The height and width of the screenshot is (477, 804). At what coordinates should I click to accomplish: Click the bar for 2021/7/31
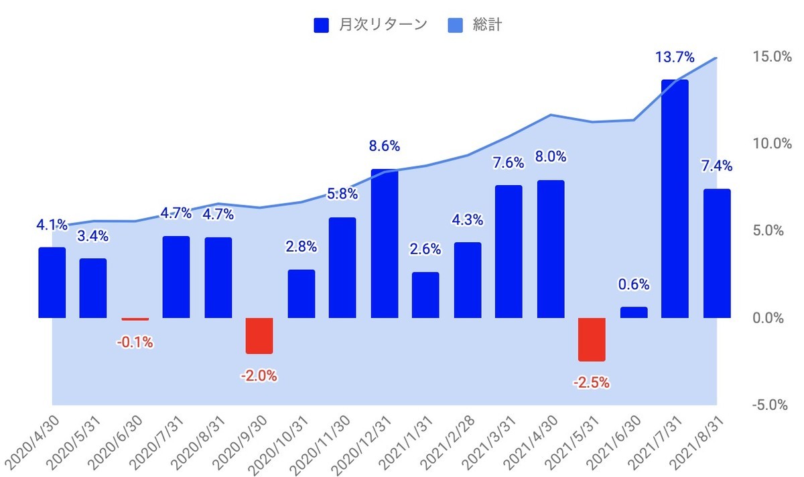click(675, 199)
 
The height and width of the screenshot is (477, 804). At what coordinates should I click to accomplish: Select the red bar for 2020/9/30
click(259, 335)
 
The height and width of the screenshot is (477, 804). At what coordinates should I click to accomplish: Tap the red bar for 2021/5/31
click(592, 339)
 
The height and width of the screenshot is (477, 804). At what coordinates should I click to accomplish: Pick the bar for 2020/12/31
click(384, 244)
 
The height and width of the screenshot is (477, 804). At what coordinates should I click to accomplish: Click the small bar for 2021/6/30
click(634, 313)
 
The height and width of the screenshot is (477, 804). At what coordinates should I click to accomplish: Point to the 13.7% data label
click(674, 58)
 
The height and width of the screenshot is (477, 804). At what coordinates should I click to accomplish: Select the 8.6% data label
click(384, 146)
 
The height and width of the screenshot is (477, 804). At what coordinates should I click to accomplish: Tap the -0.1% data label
click(135, 342)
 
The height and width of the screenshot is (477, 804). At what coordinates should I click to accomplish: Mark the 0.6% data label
click(634, 284)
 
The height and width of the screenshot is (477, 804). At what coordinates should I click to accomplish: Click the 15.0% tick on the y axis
click(764, 57)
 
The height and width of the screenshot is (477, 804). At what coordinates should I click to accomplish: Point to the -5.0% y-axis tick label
click(764, 405)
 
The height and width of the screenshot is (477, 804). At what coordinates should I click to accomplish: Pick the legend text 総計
click(488, 25)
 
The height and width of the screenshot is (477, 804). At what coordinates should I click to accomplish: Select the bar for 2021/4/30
click(550, 249)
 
